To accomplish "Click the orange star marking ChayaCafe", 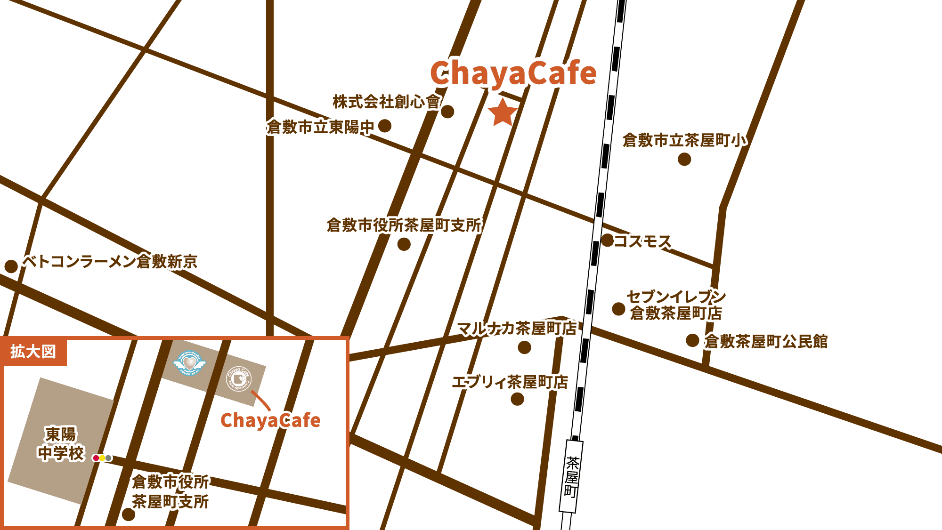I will point(503,113).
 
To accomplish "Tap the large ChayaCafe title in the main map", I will point(513,73).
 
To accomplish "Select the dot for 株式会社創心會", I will point(447,112).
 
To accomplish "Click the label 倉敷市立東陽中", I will point(320,127).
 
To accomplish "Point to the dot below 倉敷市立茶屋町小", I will point(684,159).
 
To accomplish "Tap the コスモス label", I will point(642,241).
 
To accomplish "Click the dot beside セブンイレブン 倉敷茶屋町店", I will point(618,309).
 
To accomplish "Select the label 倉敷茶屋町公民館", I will point(766,341).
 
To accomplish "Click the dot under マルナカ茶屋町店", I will point(524,347).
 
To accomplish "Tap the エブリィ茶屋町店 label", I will point(510,382).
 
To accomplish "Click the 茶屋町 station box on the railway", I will point(571,476).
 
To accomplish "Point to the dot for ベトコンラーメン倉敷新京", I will point(11,266).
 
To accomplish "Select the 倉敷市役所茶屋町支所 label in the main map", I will point(404,225).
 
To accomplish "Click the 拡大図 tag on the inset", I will point(33,352).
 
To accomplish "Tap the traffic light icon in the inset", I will point(102,458).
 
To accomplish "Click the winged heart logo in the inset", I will point(189,362).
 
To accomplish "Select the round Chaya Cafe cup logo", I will point(239,378).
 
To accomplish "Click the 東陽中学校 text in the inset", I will point(61,443).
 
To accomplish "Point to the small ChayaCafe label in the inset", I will point(270,420).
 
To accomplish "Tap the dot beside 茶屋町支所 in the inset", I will point(129,514).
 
